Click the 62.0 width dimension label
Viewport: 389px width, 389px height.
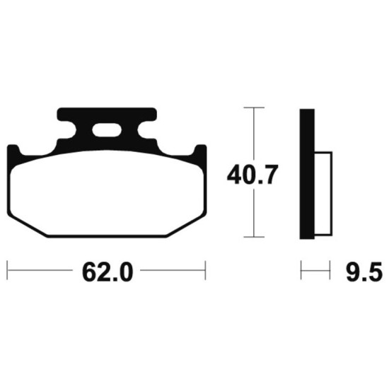click(108, 272)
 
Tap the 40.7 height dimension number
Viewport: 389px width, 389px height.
click(252, 175)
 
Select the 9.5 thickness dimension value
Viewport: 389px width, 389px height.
click(364, 272)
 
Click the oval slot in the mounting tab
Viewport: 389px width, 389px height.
click(107, 129)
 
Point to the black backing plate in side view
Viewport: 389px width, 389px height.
click(307, 174)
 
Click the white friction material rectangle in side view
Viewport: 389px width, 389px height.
click(323, 194)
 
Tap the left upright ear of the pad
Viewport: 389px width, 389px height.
click(13, 151)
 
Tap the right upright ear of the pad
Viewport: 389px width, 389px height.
click(200, 151)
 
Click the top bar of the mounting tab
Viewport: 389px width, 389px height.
click(107, 115)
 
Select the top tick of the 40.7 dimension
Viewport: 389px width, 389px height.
click(254, 108)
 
